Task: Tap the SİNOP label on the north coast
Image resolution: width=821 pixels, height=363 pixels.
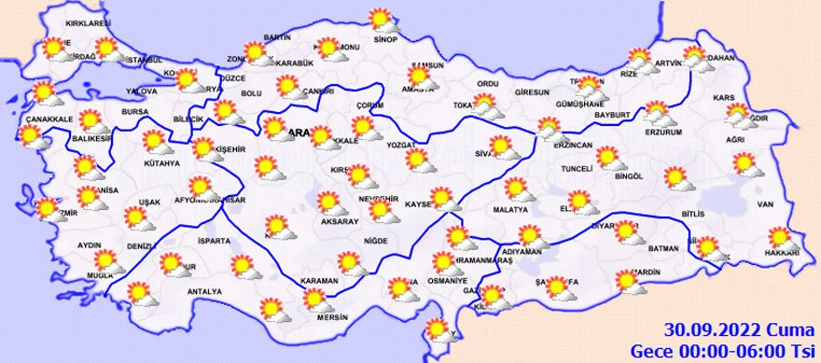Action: pos(384,39)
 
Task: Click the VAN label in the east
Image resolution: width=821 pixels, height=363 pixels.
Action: pos(766,203)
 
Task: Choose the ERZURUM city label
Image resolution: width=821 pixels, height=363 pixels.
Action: pos(663,131)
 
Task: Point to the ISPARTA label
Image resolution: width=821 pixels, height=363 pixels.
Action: pos(214,241)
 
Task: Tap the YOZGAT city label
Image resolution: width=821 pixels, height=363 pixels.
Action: pos(402,147)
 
